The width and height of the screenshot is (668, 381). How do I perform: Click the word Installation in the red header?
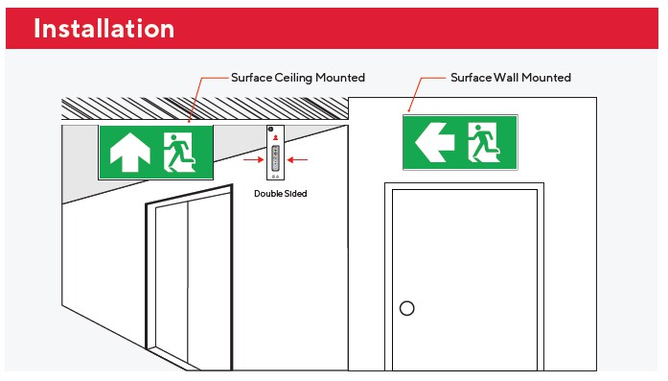[x=104, y=29]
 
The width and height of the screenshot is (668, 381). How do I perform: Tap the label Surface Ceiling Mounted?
[x=298, y=78]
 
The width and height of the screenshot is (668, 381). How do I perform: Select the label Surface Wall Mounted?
[x=511, y=78]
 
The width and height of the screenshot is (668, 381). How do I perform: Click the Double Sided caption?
[x=280, y=193]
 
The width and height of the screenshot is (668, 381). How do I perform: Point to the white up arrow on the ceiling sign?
[x=130, y=152]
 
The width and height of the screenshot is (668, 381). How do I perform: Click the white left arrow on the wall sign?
[x=434, y=142]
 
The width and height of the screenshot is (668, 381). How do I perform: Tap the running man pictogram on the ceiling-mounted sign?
[x=179, y=153]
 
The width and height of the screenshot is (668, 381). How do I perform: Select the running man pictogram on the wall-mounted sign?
[x=484, y=142]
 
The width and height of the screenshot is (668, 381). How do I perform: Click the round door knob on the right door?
[x=407, y=308]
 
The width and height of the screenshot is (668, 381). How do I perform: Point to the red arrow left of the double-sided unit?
[x=254, y=160]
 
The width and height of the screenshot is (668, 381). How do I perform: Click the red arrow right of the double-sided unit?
[x=297, y=160]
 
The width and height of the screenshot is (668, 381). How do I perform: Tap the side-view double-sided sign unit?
[x=276, y=153]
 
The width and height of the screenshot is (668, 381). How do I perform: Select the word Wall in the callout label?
[x=506, y=77]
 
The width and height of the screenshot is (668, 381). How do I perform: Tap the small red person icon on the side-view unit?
[x=276, y=137]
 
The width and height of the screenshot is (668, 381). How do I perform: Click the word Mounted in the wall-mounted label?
[x=546, y=78]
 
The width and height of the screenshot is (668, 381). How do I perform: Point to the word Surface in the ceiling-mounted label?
[x=251, y=78]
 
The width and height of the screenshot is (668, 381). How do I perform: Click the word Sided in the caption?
[x=295, y=193]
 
